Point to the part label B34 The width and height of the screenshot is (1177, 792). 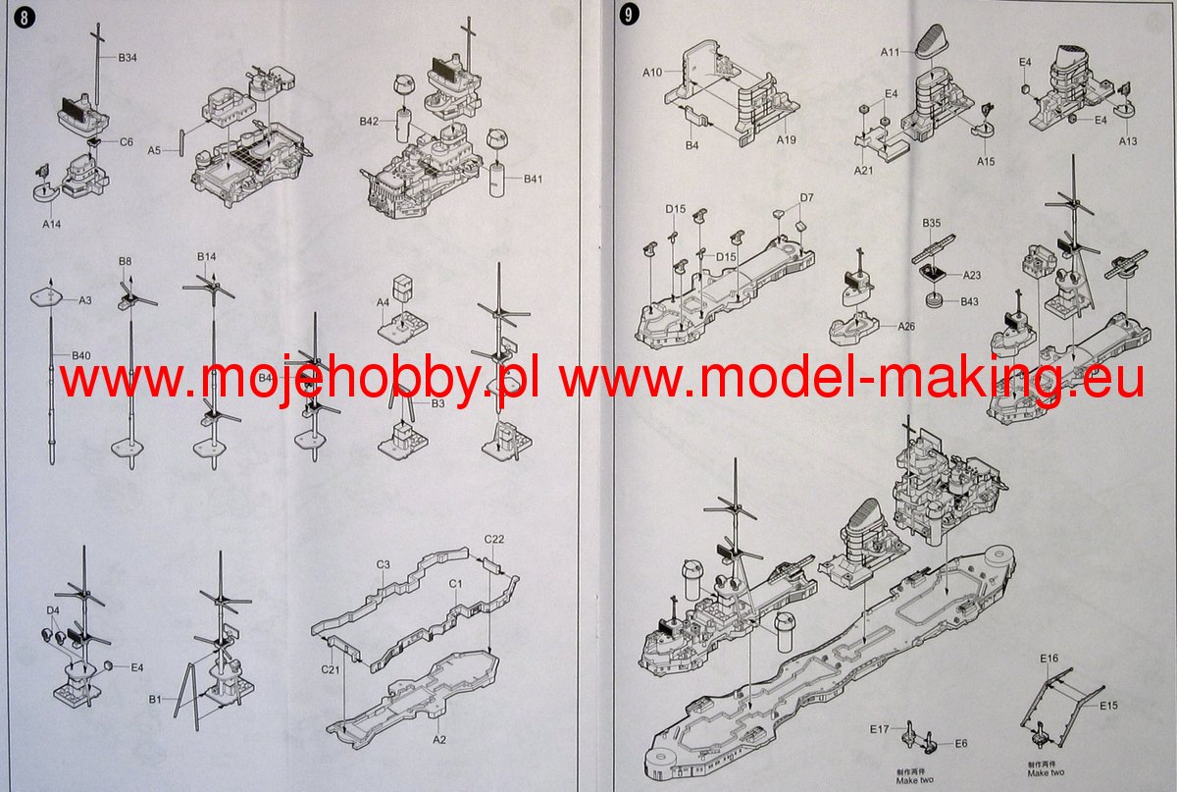[x=128, y=58]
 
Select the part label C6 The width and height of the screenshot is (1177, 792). [x=127, y=142]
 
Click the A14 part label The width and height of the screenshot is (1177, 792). [x=52, y=224]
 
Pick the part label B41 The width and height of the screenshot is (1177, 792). [x=533, y=179]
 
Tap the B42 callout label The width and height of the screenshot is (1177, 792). [x=369, y=122]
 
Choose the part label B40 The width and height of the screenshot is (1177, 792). [x=80, y=354]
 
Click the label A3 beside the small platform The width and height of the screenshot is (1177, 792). [x=85, y=300]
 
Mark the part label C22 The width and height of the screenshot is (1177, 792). [x=494, y=540]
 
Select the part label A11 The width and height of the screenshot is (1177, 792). [x=891, y=51]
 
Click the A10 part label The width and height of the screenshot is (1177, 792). [x=653, y=72]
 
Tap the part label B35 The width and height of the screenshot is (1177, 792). [x=932, y=224]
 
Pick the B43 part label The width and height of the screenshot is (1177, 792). [x=970, y=301]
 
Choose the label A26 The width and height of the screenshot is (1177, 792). [x=905, y=326]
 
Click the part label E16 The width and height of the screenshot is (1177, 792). [x=1049, y=658]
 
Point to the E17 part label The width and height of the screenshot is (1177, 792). [x=879, y=728]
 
